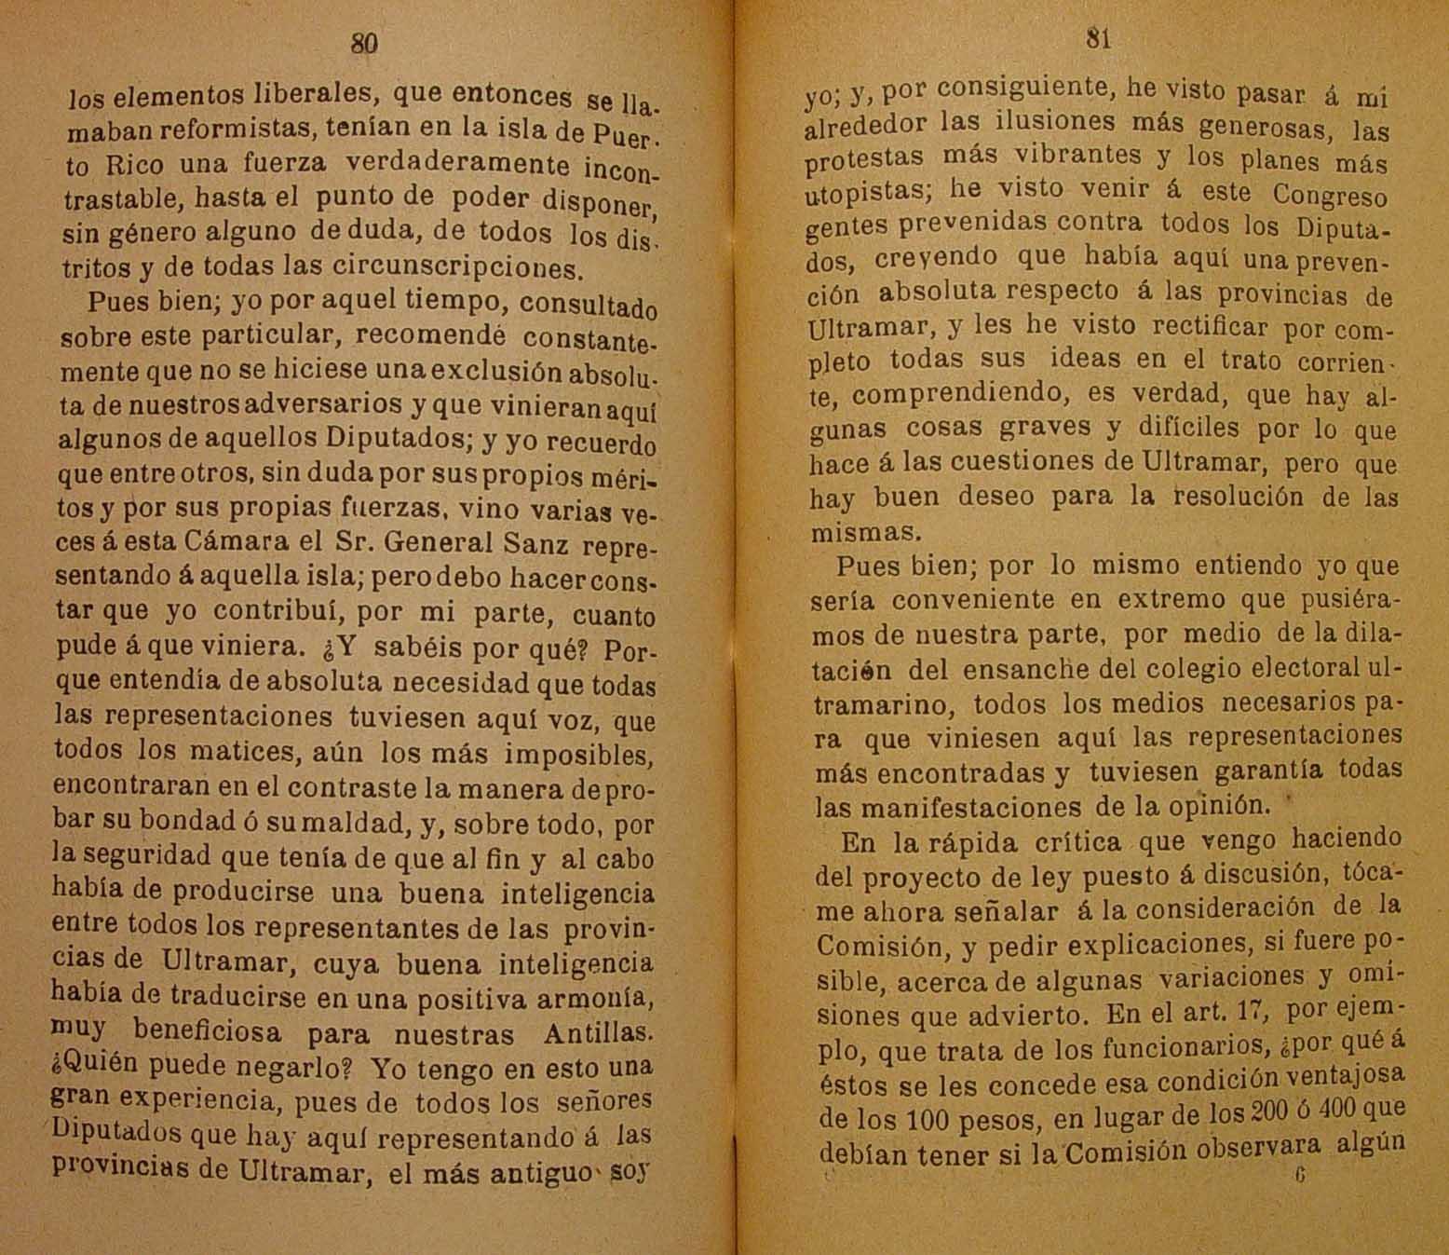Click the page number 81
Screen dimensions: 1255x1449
tap(1098, 38)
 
